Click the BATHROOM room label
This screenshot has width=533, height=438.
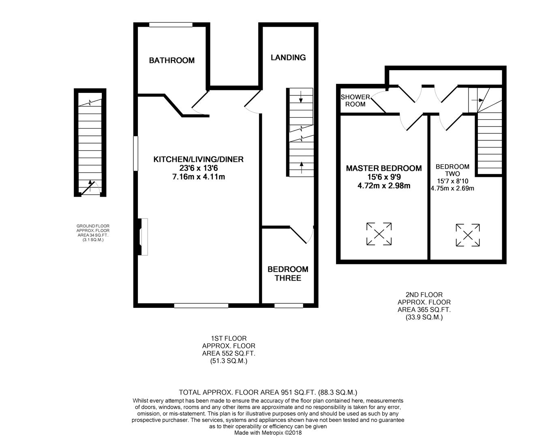[171, 60]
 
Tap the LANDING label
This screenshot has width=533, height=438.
[288, 58]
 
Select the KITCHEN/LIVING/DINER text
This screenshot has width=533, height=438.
[198, 159]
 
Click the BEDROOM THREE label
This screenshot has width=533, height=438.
[287, 274]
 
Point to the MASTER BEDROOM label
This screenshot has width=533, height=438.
[383, 168]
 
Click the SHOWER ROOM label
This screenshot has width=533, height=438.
[355, 101]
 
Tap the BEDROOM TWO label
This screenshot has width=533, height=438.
[452, 170]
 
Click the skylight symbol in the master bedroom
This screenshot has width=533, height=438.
[379, 234]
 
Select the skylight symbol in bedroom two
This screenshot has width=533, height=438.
[468, 235]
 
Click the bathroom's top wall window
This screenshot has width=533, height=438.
[171, 25]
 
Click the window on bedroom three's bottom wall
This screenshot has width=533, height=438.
[289, 305]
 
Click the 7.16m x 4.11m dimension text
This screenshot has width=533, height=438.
[198, 177]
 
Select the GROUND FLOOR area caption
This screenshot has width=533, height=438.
[93, 233]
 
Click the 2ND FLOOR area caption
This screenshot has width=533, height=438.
[424, 306]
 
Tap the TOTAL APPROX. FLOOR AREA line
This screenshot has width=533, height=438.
[268, 392]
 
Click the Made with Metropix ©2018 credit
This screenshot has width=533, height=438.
[268, 433]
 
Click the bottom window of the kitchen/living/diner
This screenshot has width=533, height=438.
[201, 305]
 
